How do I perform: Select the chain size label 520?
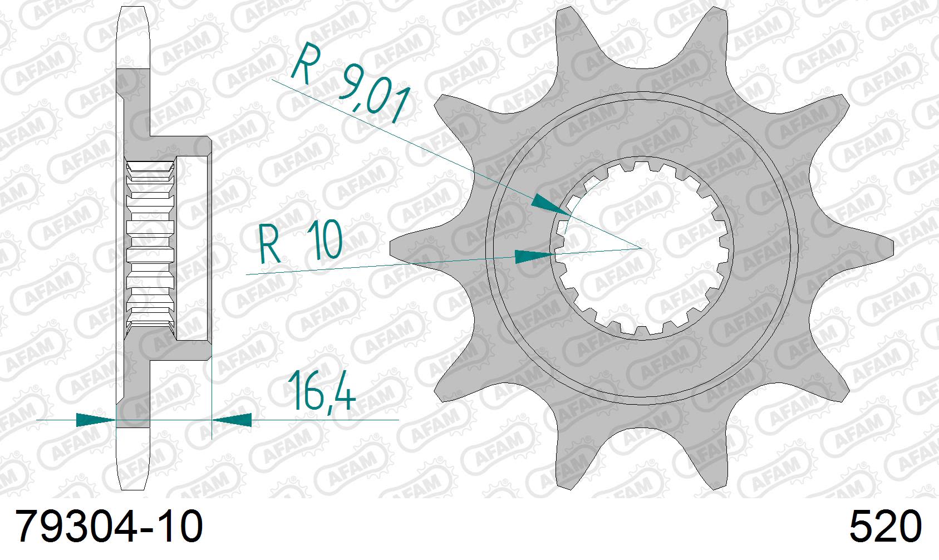tap(885, 527)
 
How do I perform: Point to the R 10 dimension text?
tap(301, 244)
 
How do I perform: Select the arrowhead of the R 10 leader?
tap(534, 257)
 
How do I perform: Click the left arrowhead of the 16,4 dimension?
tap(95, 420)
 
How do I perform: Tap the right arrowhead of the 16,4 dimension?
tap(233, 420)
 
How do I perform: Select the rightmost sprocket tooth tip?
tap(888, 245)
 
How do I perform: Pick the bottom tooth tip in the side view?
tap(134, 473)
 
